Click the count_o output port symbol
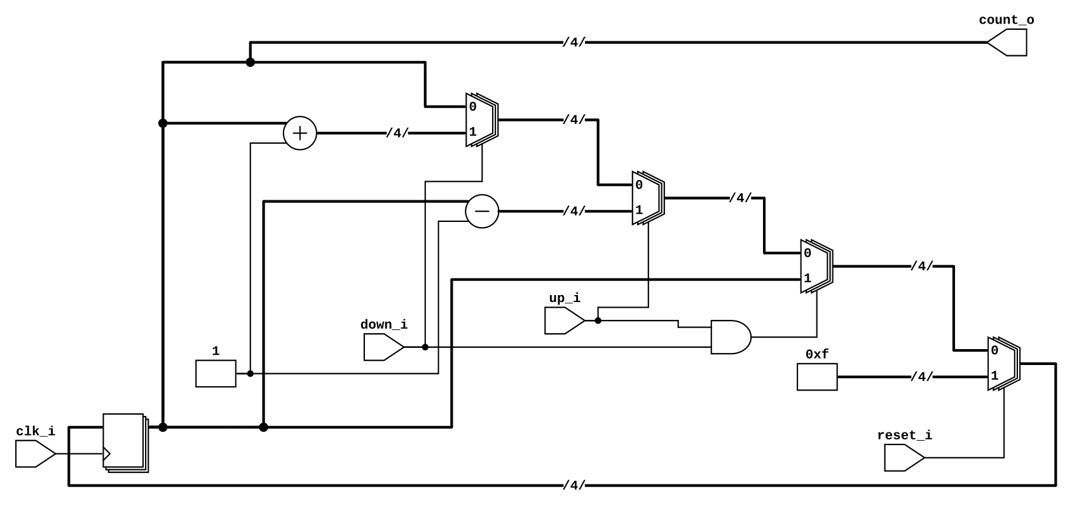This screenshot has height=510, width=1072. coord(1008,43)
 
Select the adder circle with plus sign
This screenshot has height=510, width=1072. coord(299,134)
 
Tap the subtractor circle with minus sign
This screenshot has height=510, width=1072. coord(482,211)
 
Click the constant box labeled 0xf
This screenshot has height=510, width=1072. coord(817,377)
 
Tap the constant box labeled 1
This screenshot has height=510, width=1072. coord(216,373)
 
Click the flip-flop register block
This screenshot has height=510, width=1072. coord(125,442)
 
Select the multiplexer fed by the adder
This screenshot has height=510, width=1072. coord(481,120)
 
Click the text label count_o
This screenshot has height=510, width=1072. coord(1006,20)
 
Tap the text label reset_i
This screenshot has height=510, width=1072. coord(904,436)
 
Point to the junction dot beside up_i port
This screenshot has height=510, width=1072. coord(598,320)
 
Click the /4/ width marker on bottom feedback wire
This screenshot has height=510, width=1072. coord(574,486)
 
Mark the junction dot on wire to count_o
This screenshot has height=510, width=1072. coord(251,62)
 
